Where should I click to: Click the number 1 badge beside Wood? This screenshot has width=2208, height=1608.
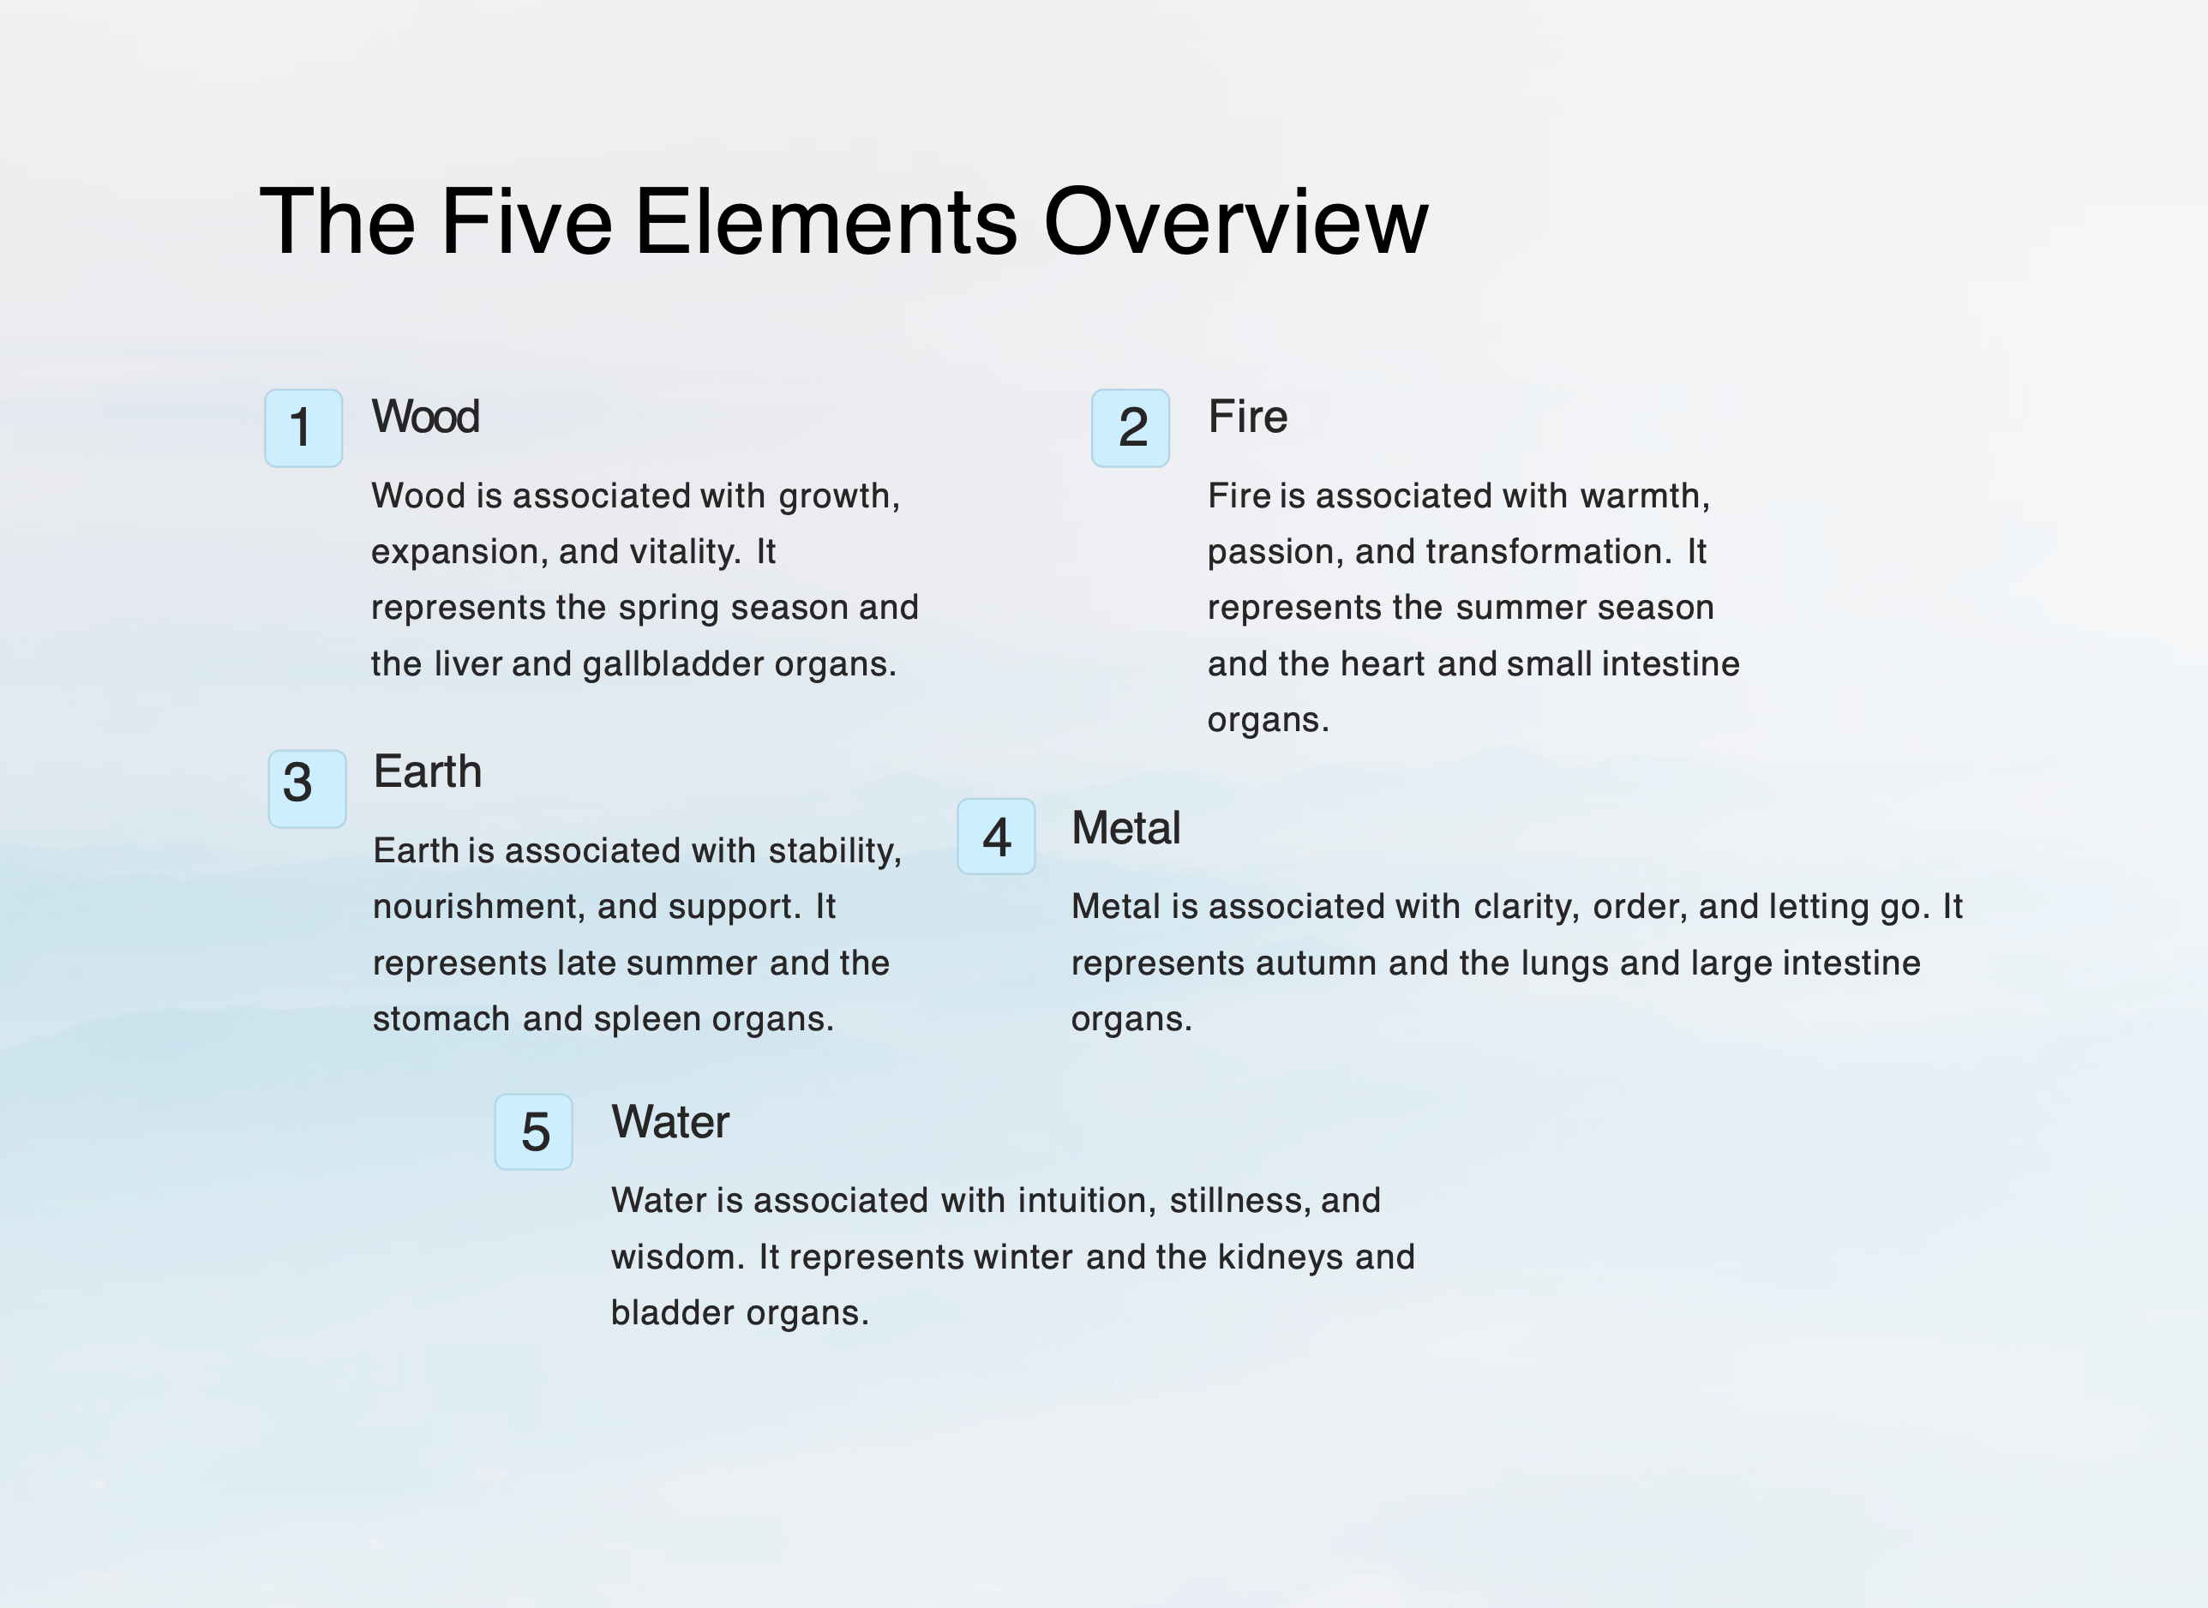click(303, 429)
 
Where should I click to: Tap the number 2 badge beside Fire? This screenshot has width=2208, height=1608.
click(1131, 429)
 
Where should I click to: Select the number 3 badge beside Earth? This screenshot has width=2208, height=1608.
click(308, 789)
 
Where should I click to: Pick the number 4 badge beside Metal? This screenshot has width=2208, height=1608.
click(996, 836)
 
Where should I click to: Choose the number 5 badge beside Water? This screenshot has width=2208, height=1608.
click(533, 1131)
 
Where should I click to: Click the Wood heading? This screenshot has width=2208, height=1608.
click(425, 417)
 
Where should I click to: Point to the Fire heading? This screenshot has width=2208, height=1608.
click(1247, 417)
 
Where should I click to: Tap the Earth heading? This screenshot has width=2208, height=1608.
click(428, 772)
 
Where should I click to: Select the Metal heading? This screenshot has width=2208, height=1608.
click(1125, 828)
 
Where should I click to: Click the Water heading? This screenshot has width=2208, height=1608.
click(669, 1122)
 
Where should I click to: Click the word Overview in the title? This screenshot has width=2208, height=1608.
click(1235, 222)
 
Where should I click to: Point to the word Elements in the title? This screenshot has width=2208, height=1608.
click(826, 222)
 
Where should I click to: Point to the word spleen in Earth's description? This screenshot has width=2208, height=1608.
click(647, 1020)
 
